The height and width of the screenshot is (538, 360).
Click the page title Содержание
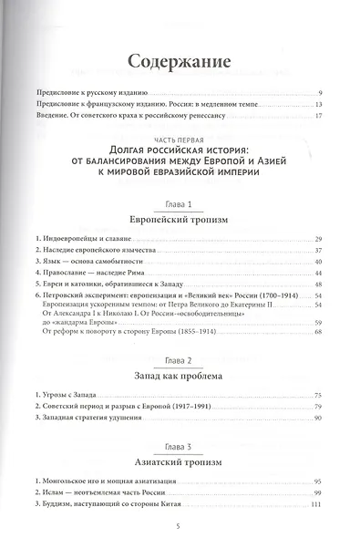(180, 63)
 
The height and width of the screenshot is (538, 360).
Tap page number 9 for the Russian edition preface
(322, 94)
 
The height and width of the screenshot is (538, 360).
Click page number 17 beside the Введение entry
(319, 116)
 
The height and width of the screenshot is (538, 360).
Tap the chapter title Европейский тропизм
(180, 220)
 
